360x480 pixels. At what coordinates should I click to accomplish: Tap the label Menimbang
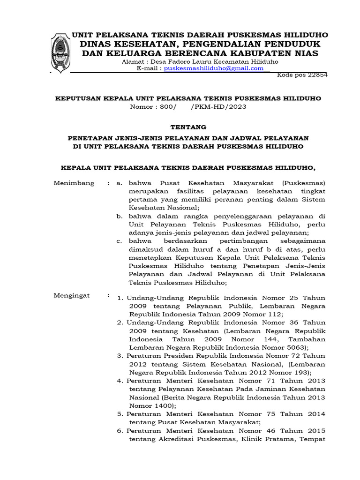click(x=74, y=183)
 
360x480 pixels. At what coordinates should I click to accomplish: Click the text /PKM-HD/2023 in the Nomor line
click(x=219, y=107)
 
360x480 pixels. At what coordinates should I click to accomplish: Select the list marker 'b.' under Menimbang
click(x=120, y=216)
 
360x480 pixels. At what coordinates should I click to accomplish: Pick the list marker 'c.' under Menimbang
click(x=120, y=241)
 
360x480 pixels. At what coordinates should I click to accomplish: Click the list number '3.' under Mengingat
click(x=120, y=356)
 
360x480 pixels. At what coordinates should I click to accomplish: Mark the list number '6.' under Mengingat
click(x=120, y=431)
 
